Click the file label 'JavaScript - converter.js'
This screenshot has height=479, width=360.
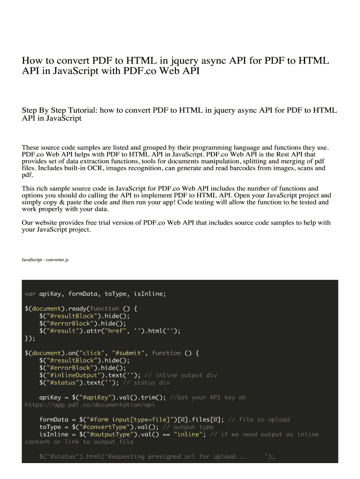point(45,260)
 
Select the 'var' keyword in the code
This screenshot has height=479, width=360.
point(30,294)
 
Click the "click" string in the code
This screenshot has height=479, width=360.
point(93,353)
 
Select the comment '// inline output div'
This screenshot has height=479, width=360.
point(181,375)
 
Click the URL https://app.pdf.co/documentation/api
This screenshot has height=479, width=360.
point(90,405)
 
